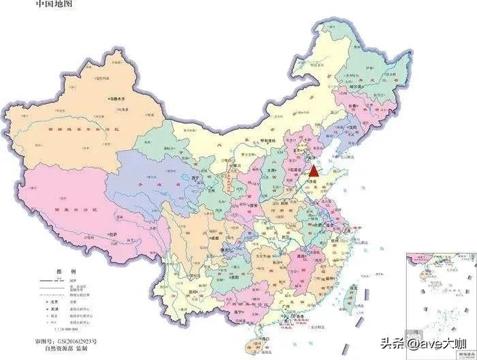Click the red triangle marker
click(x=313, y=170)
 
